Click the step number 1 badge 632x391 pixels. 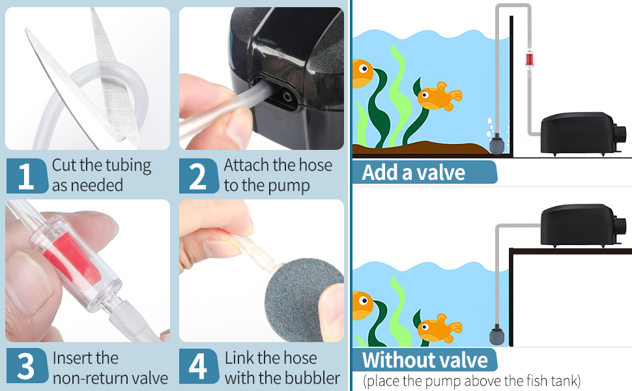pyautogui.click(x=27, y=176)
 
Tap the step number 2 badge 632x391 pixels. pyautogui.click(x=199, y=176)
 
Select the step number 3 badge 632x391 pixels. pyautogui.click(x=27, y=366)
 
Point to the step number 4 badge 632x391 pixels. pyautogui.click(x=199, y=366)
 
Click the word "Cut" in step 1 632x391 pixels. pyautogui.click(x=64, y=165)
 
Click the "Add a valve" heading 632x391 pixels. pyautogui.click(x=414, y=173)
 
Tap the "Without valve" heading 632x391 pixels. pyautogui.click(x=425, y=360)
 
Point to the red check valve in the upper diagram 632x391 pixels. pyautogui.click(x=529, y=58)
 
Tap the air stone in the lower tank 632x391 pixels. pyautogui.click(x=497, y=336)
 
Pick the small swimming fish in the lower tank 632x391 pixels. pyautogui.click(x=438, y=328)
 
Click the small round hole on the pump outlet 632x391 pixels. pyautogui.click(x=287, y=96)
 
